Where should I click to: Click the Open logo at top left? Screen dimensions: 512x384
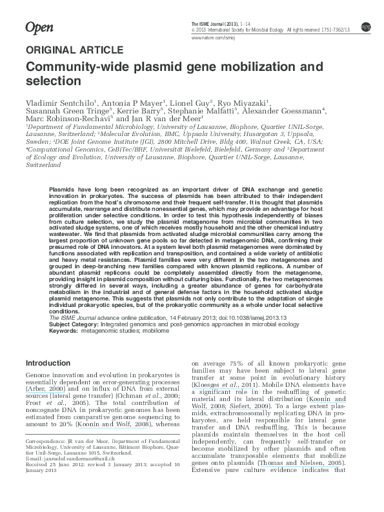point(38,27)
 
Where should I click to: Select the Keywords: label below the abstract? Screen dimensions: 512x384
point(63,331)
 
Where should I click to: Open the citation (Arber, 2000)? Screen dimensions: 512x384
point(45,391)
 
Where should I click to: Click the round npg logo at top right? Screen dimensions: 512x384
point(366,26)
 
